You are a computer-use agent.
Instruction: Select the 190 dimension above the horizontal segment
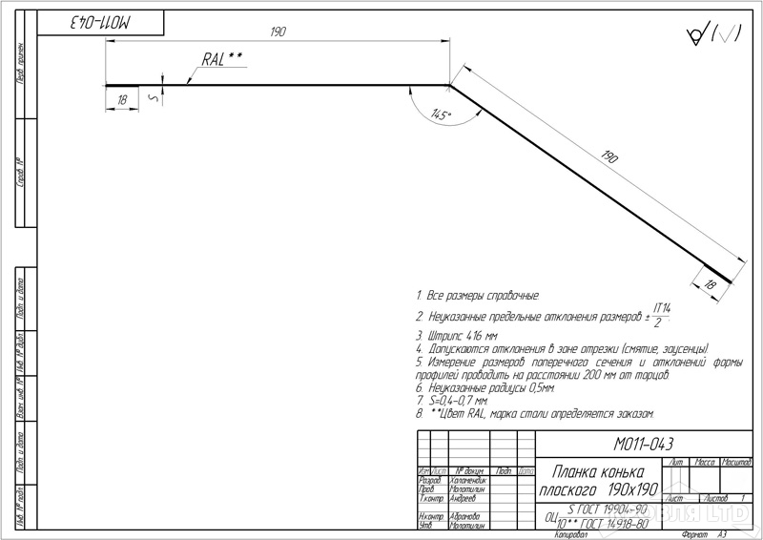(x=278, y=32)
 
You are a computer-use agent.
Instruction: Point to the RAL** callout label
(x=222, y=59)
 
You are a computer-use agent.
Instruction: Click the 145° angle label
(x=441, y=115)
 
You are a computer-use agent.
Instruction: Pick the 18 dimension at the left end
(x=122, y=98)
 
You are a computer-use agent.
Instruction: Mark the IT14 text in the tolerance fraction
(x=663, y=307)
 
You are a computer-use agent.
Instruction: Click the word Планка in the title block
(x=575, y=472)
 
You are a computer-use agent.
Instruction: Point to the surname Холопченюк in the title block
(x=467, y=480)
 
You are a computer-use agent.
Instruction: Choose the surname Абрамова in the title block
(x=465, y=516)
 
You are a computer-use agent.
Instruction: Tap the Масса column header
(x=707, y=462)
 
